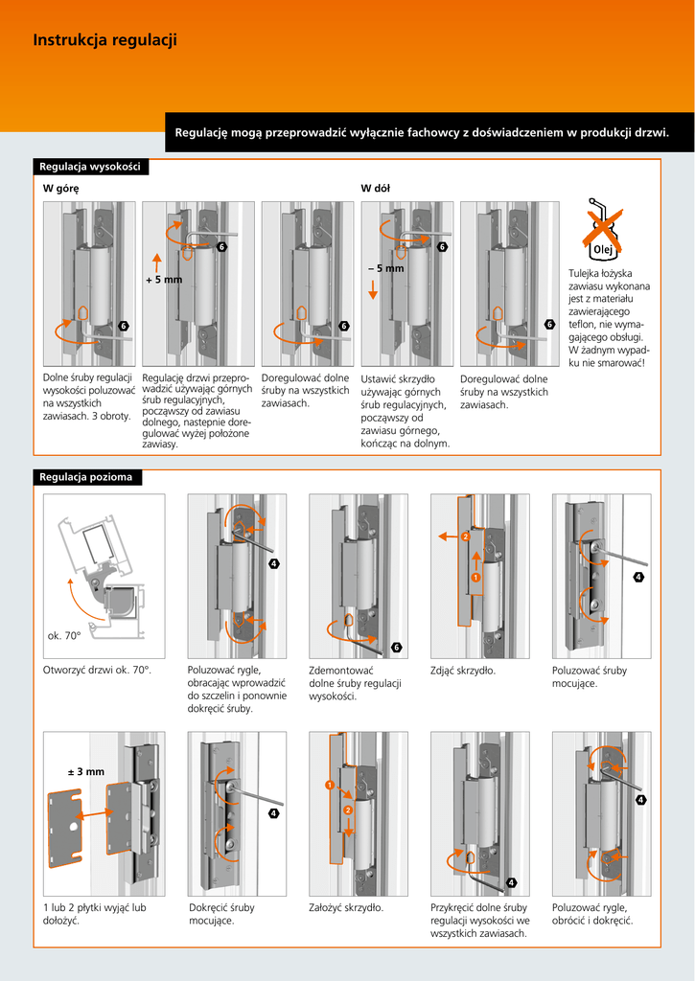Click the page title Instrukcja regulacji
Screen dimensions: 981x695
pyautogui.click(x=104, y=40)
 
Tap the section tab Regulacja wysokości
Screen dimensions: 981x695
pyautogui.click(x=90, y=167)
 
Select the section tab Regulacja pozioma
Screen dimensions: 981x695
pyautogui.click(x=86, y=477)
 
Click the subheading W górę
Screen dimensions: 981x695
pyautogui.click(x=60, y=188)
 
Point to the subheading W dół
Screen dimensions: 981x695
pyautogui.click(x=375, y=188)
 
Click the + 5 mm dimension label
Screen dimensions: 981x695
pyautogui.click(x=163, y=280)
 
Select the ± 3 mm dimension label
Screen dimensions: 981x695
pyautogui.click(x=85, y=771)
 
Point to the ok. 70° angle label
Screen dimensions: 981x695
pyautogui.click(x=63, y=636)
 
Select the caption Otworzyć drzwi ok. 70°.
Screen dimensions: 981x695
pyautogui.click(x=97, y=671)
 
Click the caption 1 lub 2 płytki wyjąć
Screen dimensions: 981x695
pyautogui.click(x=94, y=914)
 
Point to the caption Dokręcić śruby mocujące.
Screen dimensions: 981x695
pyautogui.click(x=221, y=914)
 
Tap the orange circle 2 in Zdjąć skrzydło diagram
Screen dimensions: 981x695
pyautogui.click(x=465, y=536)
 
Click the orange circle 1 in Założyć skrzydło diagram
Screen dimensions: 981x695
pyautogui.click(x=329, y=786)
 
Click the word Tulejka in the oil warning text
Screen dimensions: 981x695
pyautogui.click(x=587, y=274)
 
